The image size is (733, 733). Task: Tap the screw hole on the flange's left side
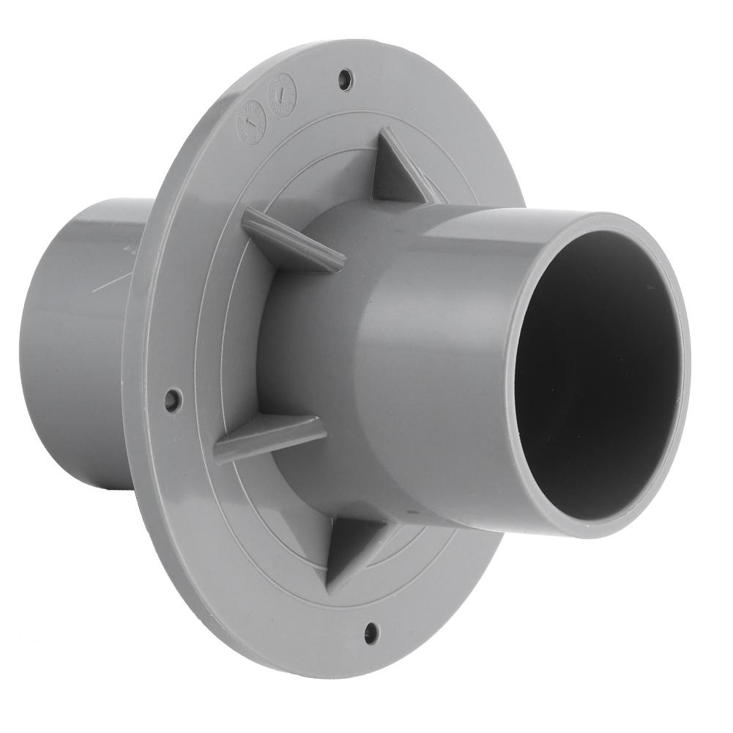[173, 400]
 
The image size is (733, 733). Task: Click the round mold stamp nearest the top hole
[282, 95]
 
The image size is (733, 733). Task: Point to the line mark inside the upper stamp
[282, 95]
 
